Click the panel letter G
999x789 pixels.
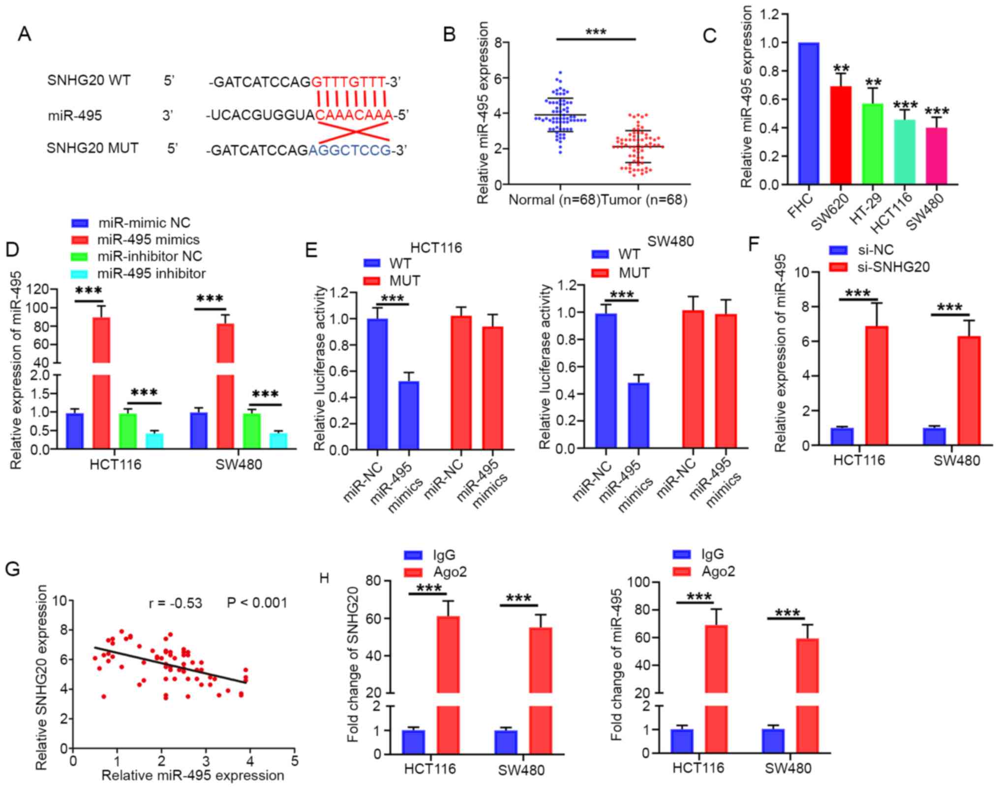coord(13,569)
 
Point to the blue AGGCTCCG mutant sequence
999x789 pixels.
coord(350,150)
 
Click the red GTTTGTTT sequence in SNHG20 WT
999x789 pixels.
coord(348,81)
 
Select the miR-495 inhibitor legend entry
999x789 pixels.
coord(151,273)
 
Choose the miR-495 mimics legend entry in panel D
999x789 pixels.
coord(148,240)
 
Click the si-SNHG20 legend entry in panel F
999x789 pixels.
coord(893,267)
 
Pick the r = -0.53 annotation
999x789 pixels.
coord(176,603)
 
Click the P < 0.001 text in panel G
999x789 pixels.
coord(257,603)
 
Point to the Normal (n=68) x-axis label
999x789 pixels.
coord(554,200)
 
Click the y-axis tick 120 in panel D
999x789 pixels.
coord(39,289)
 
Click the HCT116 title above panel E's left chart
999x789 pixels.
coord(436,247)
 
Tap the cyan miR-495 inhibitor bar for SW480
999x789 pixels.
coord(278,440)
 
